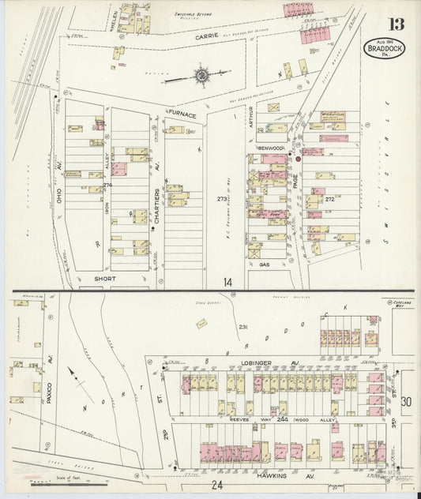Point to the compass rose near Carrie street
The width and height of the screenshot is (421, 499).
pyautogui.click(x=202, y=77)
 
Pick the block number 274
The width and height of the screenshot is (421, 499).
pyautogui.click(x=107, y=185)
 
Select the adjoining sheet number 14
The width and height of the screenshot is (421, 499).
pyautogui.click(x=227, y=281)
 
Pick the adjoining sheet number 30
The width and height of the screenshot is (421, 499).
pyautogui.click(x=406, y=402)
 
